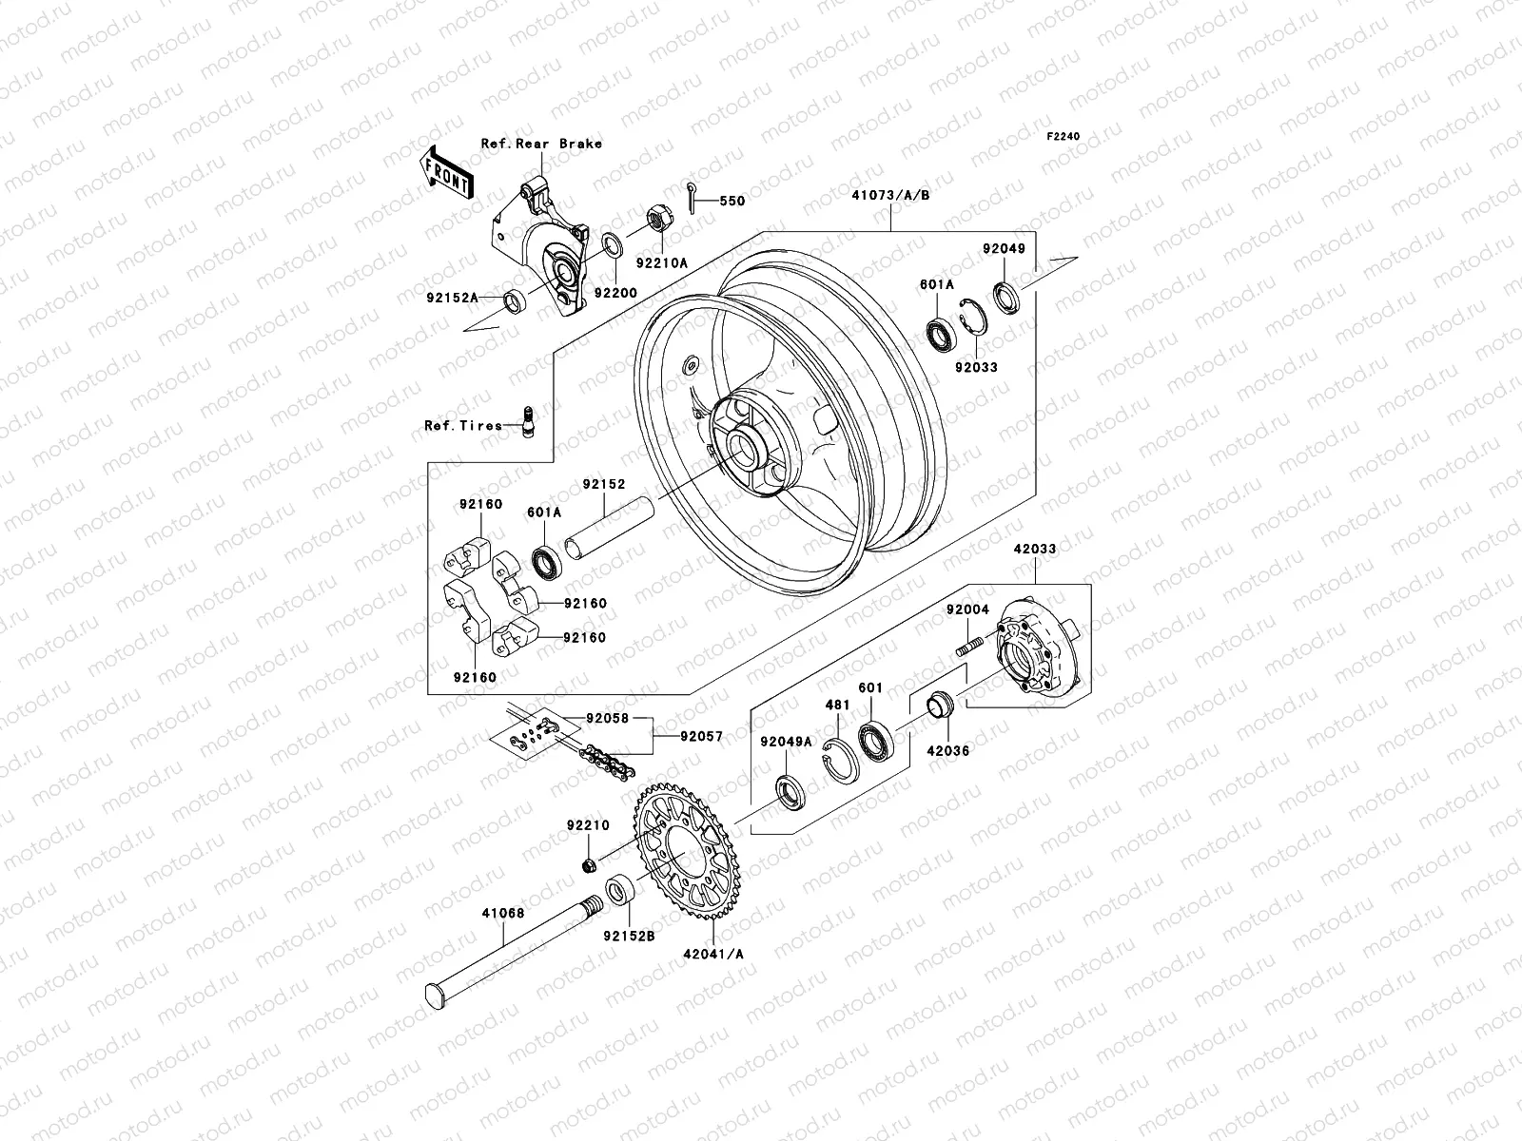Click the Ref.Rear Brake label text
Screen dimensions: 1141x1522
click(x=541, y=144)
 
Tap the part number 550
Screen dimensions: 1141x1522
click(x=732, y=201)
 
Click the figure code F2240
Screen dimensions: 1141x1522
click(x=1063, y=137)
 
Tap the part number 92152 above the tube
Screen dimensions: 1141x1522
click(x=604, y=484)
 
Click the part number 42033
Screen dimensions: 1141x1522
click(x=1034, y=549)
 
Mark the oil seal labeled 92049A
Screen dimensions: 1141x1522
click(x=790, y=791)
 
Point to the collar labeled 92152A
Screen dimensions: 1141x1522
click(x=514, y=302)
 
